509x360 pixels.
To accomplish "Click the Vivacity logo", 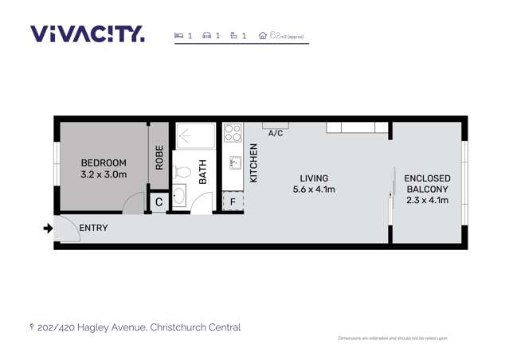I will point(88,33).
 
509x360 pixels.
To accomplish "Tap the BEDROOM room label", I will point(104,162).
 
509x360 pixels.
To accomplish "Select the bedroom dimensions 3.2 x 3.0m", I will point(104,174).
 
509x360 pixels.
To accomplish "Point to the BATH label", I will point(202,173).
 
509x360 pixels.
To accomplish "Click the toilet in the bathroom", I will point(181,170).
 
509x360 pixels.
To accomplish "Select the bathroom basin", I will point(180,195).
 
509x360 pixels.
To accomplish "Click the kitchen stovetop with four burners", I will point(232,132).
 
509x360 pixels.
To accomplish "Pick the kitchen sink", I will point(235,162).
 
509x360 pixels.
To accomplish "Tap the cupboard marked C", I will point(159,202).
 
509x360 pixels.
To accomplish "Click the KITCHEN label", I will point(254,163).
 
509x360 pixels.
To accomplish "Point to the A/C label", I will point(275,133).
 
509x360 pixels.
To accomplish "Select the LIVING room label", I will point(314,178).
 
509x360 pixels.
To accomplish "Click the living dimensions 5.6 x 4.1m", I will point(314,190).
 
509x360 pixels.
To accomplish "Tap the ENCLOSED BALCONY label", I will point(428,184).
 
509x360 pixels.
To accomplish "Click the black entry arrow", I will point(48,229).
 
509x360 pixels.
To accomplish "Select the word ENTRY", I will point(93,229).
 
